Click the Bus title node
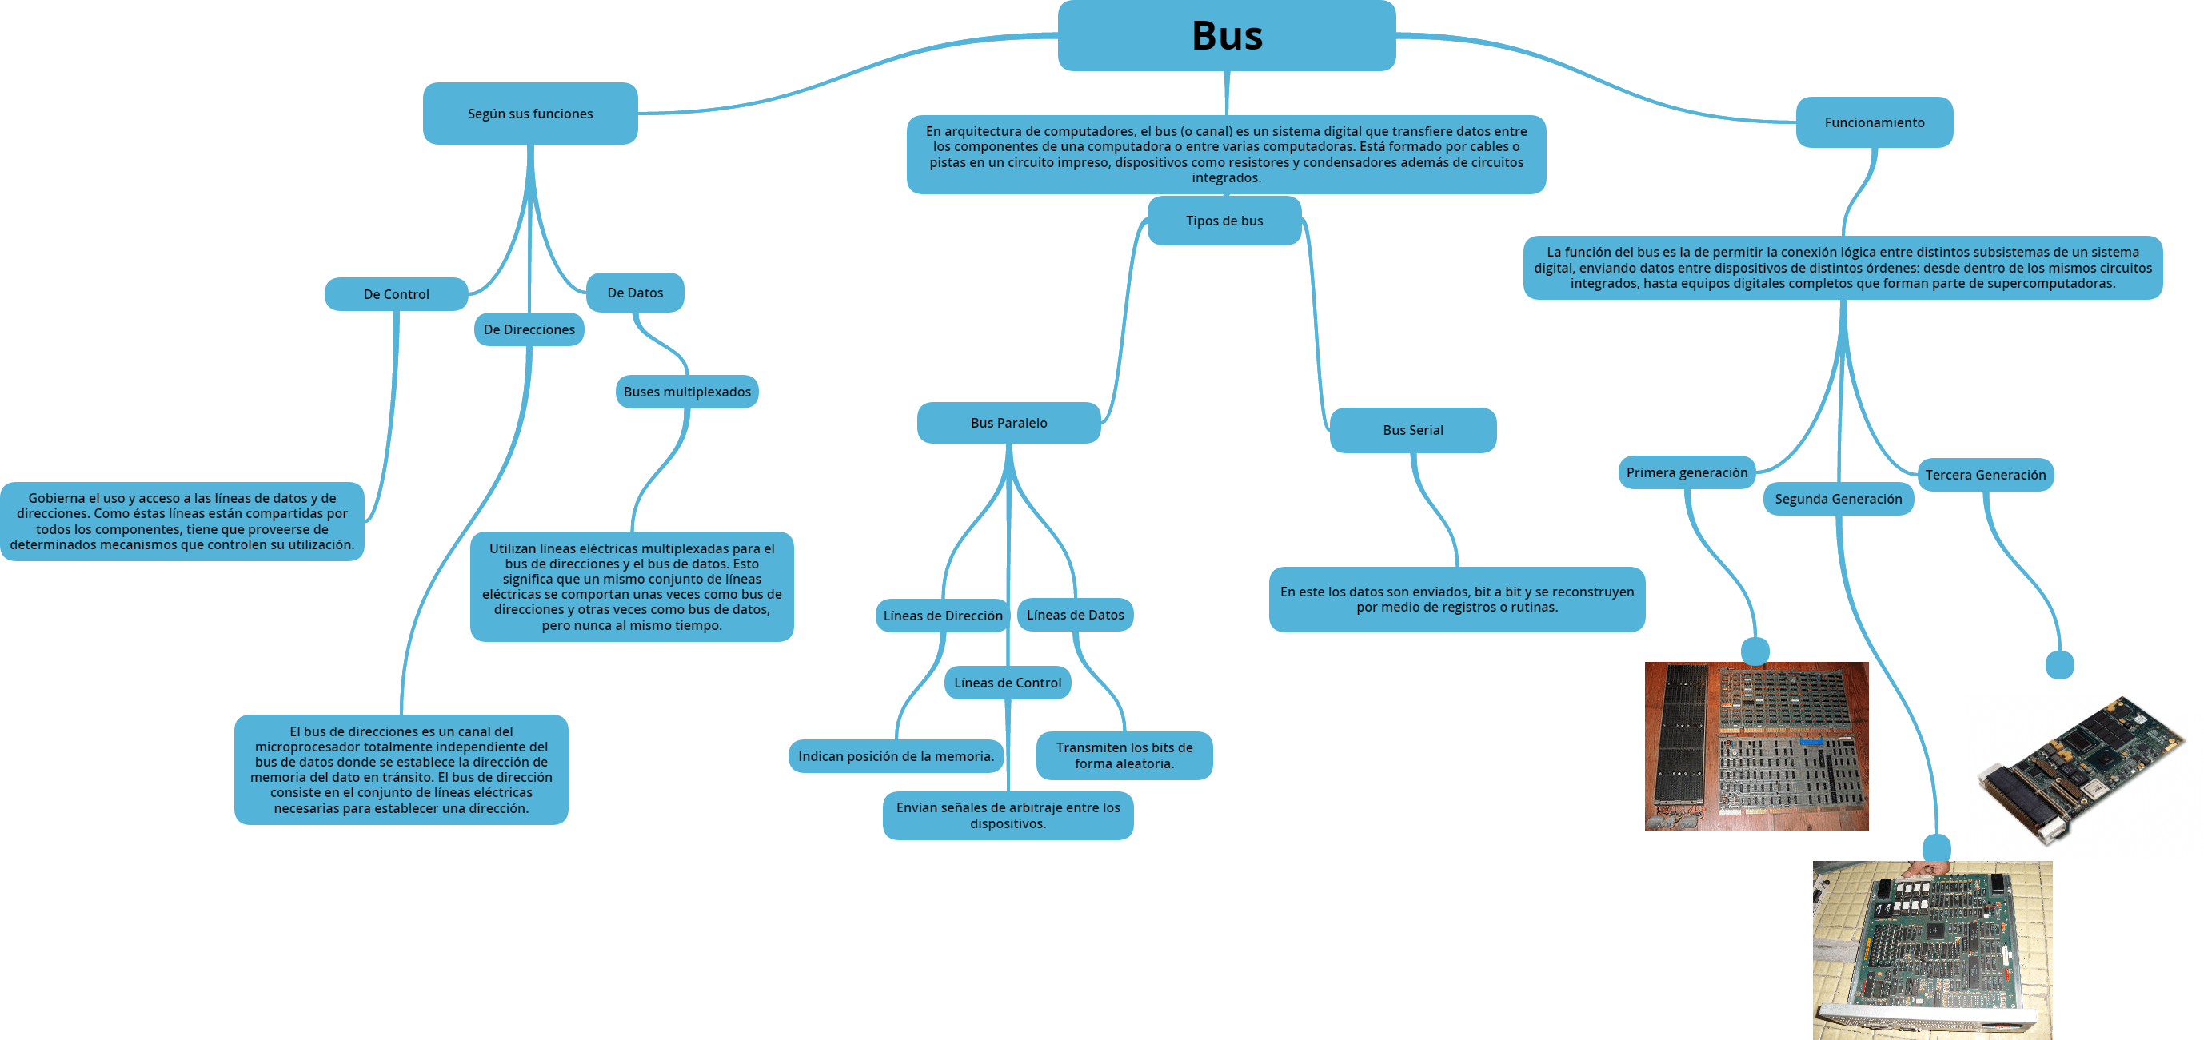coord(1226,35)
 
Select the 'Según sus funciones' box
coord(529,114)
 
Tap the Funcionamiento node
coord(1874,122)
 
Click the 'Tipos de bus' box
coord(1224,221)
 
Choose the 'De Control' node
coord(396,294)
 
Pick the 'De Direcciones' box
coord(529,329)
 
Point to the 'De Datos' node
coord(635,293)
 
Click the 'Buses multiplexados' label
coord(686,392)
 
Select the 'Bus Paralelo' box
coord(1008,423)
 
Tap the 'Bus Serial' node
coord(1412,430)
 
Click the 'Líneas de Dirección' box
coord(942,616)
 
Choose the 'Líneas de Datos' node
coord(1075,615)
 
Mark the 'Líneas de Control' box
coord(1007,683)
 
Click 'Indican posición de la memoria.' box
coord(895,756)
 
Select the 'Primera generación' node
coord(1687,473)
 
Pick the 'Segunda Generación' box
coord(1838,499)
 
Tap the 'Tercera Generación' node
coord(1985,475)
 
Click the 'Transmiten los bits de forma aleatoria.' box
coord(1124,755)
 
